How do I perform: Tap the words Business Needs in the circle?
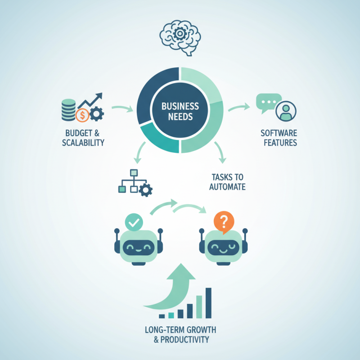(180, 111)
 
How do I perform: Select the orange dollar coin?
(82, 116)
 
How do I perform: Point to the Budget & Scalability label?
(84, 138)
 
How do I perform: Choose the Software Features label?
(279, 138)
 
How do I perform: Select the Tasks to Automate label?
(227, 181)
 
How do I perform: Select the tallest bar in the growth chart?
(208, 302)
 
